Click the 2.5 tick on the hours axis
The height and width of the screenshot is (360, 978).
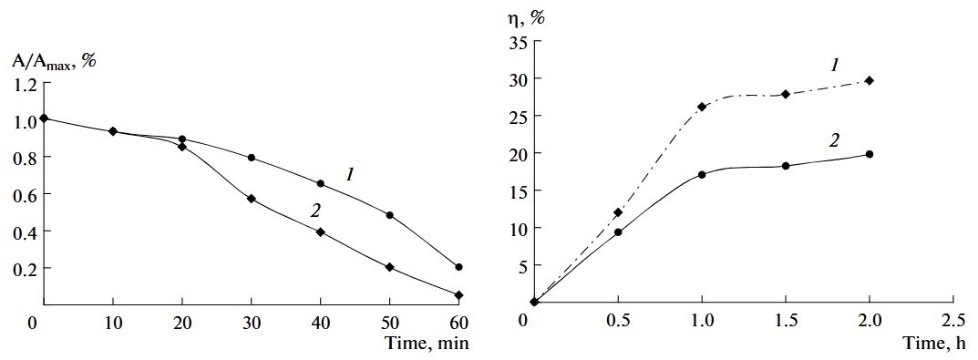(x=953, y=321)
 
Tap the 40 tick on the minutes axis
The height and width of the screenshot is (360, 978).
(x=321, y=322)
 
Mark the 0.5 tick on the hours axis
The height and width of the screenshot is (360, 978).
(x=618, y=321)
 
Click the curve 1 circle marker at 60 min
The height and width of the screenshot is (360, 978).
(x=458, y=267)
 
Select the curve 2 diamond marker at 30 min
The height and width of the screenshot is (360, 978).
(x=251, y=199)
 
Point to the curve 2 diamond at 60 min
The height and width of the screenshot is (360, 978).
(x=458, y=295)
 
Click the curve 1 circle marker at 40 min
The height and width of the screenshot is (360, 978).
(x=320, y=183)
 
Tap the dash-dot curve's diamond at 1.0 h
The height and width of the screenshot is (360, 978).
(x=702, y=107)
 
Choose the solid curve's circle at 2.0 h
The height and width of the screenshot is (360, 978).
(x=869, y=154)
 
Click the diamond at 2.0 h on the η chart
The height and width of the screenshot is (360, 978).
(x=869, y=80)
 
